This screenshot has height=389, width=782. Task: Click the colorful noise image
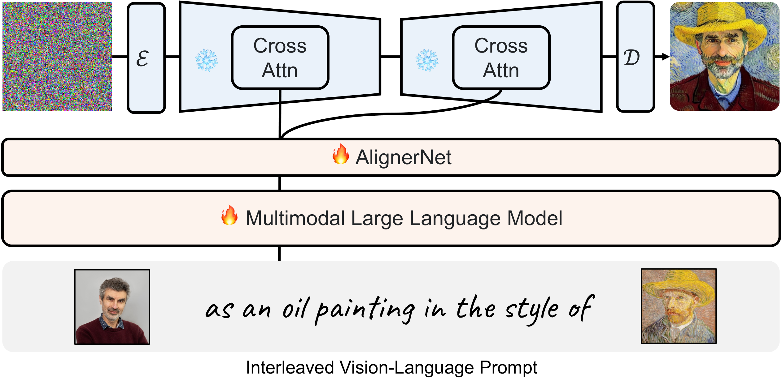pos(57,56)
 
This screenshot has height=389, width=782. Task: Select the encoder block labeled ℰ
pos(146,58)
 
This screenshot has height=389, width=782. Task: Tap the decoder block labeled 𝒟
pos(636,57)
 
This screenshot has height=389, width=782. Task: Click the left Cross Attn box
pos(280,58)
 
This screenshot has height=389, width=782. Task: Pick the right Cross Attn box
pos(501,58)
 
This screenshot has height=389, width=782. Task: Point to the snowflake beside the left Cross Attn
pos(207,60)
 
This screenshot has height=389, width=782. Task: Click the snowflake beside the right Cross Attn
pos(427,60)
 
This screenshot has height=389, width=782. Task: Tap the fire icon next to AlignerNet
pos(341,154)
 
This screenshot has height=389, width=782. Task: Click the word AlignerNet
pos(404,157)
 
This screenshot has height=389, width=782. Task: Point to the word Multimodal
pos(295,218)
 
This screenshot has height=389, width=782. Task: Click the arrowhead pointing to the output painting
pos(666,57)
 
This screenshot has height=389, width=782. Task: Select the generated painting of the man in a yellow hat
pos(725,56)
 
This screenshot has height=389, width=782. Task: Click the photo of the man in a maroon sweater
pos(112,307)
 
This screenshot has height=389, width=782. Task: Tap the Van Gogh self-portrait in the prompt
pos(679,306)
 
